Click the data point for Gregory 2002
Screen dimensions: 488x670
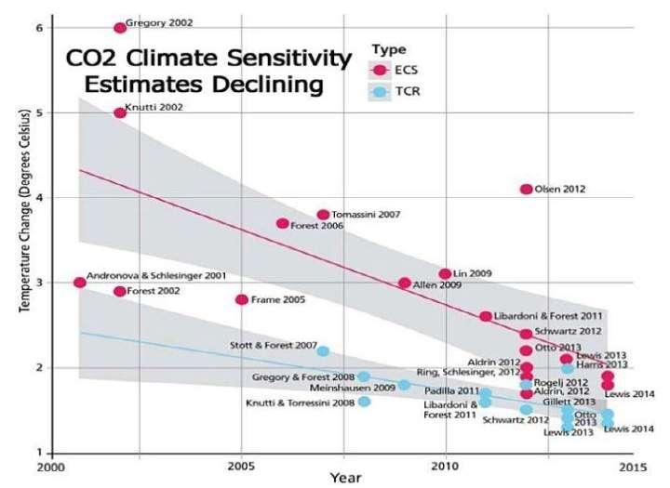pos(120,28)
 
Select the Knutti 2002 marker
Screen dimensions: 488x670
pos(120,112)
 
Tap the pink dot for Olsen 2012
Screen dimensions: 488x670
pos(527,189)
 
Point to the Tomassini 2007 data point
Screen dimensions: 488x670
pos(323,215)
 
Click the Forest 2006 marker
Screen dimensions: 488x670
pos(283,223)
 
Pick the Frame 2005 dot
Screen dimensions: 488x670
pos(242,299)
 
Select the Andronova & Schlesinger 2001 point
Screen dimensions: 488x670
pos(79,283)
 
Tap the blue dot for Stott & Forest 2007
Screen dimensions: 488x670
pos(323,350)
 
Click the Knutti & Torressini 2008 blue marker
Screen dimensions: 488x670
pos(364,402)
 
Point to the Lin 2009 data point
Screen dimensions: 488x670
pos(445,273)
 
